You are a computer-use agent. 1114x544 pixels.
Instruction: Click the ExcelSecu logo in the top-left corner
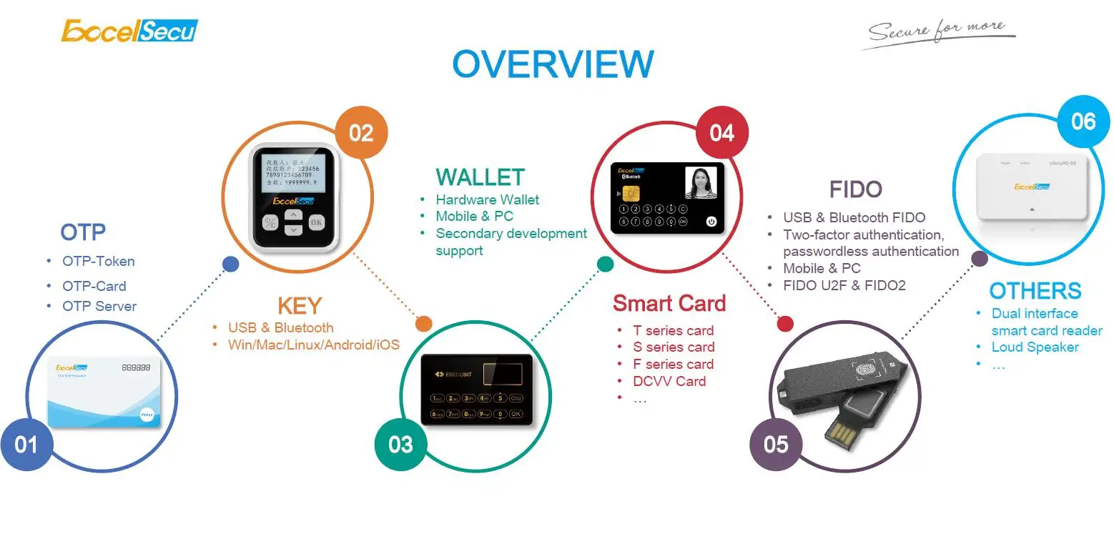pos(129,31)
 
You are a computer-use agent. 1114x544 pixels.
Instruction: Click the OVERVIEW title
pos(553,64)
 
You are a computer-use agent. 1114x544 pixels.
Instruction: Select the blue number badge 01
pos(26,445)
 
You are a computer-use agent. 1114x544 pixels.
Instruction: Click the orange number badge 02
pos(362,132)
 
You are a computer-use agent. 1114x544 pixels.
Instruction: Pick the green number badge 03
pos(400,445)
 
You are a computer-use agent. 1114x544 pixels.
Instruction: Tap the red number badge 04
pos(722,132)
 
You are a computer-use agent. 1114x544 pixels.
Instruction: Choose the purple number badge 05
pos(776,445)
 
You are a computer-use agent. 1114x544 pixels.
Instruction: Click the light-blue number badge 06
pos(1083,121)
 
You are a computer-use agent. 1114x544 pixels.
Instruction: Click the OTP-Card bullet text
pos(94,286)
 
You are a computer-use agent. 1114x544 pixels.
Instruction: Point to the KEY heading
pos(300,306)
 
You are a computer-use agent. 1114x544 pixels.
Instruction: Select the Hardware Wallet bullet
pos(487,199)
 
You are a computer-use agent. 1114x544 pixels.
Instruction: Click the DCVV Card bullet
pos(669,381)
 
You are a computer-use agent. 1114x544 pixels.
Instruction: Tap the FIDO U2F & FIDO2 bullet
pos(844,285)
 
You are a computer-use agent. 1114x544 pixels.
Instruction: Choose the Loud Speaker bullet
pos(1035,347)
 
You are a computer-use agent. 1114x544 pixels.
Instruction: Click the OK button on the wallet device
pos(317,222)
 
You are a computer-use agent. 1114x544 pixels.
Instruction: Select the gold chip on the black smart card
pos(632,194)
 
